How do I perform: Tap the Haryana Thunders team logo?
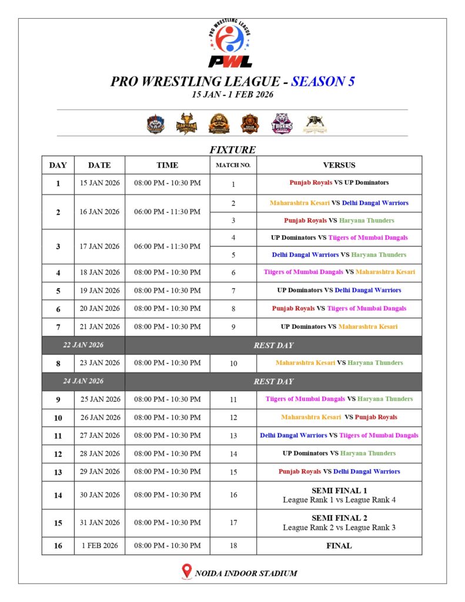point(187,123)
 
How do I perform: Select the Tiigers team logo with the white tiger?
point(282,123)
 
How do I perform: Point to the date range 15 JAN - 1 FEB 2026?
point(232,94)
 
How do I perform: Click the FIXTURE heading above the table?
point(232,150)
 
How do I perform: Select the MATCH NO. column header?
point(233,165)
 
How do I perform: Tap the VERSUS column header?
point(339,165)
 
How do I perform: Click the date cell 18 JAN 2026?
point(99,272)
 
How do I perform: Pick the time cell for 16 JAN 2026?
point(167,212)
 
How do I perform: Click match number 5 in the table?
point(233,255)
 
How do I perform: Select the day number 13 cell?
point(58,471)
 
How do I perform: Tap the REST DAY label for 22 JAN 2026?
point(273,345)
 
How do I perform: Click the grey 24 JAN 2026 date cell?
point(83,381)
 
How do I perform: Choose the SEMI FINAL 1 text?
point(339,490)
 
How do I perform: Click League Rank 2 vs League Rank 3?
point(339,527)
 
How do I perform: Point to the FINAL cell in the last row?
point(339,546)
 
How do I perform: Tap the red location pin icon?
point(187,571)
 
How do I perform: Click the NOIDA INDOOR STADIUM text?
point(246,573)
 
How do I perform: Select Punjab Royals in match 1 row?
point(310,183)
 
